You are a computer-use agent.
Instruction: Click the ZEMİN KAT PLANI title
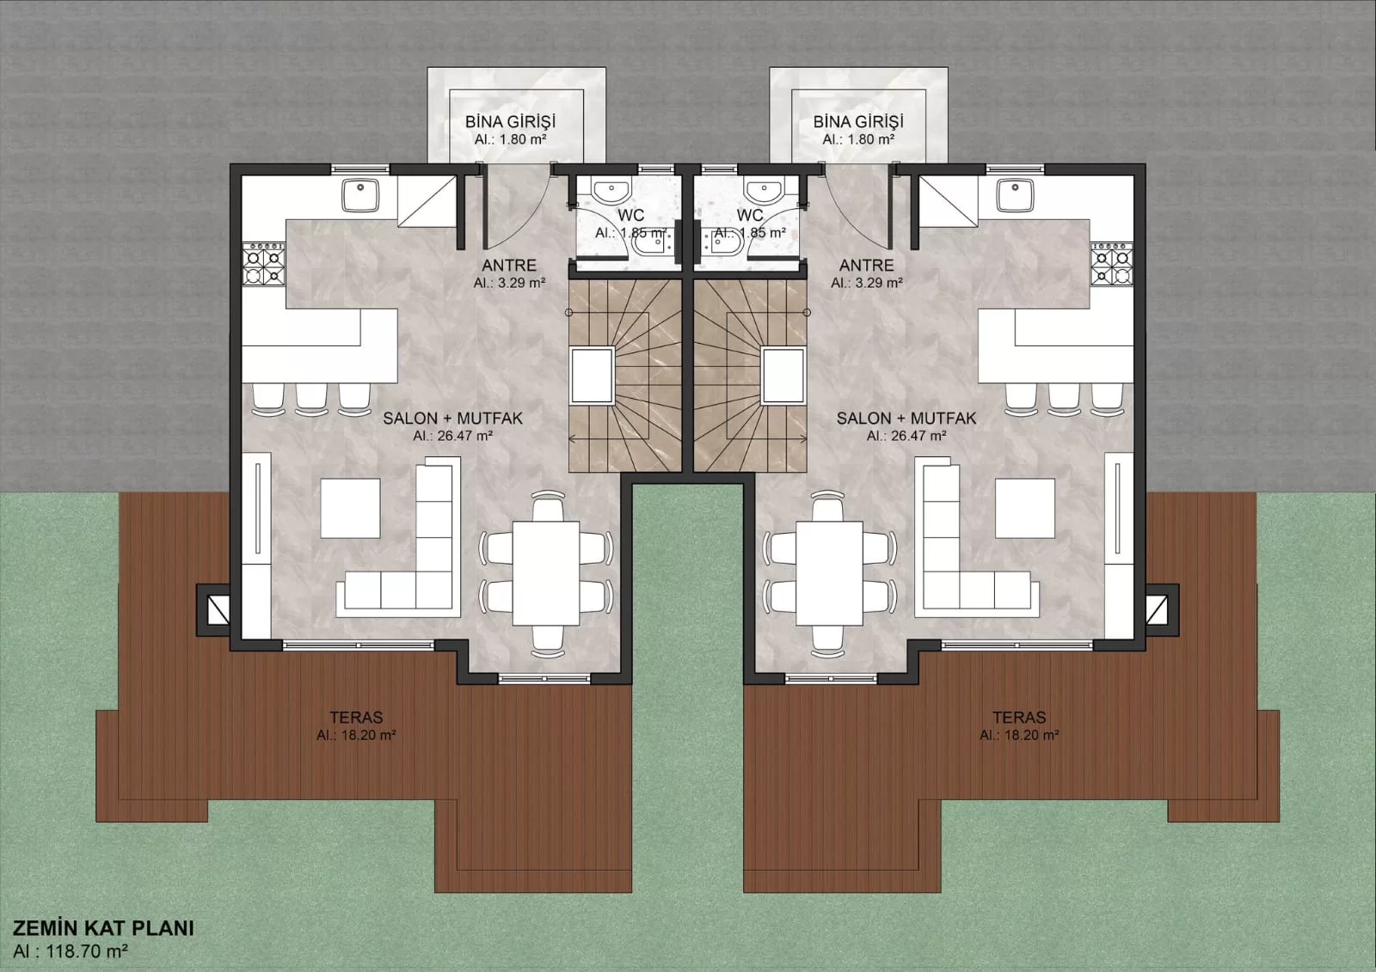(103, 928)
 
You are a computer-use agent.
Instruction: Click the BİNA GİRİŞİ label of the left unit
(510, 121)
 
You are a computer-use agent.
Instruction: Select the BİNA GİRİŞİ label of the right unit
(858, 121)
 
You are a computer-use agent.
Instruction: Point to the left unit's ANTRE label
(508, 266)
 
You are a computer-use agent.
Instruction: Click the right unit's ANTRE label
(866, 266)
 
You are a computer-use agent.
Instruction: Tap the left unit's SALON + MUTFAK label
(452, 419)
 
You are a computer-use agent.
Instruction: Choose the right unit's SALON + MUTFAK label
(906, 419)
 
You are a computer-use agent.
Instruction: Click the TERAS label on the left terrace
(356, 717)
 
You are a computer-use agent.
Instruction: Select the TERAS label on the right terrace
(1019, 717)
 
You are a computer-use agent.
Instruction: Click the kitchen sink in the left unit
(360, 195)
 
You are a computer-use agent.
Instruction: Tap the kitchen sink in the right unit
(1016, 195)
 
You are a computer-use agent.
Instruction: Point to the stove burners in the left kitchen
(264, 264)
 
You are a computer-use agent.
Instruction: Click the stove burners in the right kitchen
(1112, 264)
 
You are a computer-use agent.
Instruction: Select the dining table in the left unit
(546, 573)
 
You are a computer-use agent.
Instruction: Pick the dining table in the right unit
(830, 573)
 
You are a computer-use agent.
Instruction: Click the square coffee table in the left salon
(350, 509)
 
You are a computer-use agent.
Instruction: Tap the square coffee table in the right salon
(1025, 509)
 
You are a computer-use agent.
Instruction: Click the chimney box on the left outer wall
(214, 609)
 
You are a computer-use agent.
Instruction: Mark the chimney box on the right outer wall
(1162, 609)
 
